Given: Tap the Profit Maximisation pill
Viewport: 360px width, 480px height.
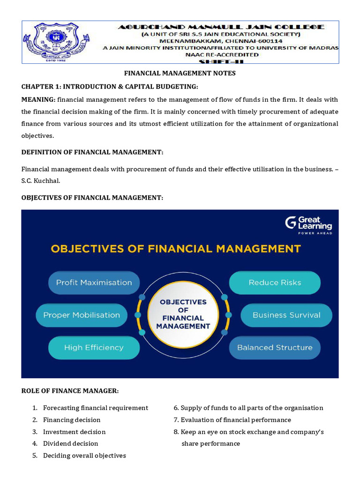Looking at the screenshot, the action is point(94,283).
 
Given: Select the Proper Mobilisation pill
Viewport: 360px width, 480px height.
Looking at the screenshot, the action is point(82,315).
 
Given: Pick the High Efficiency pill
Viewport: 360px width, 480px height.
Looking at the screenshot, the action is point(94,348).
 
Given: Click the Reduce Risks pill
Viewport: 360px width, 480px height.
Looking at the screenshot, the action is point(275,283).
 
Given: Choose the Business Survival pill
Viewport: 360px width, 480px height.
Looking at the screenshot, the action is point(286,315).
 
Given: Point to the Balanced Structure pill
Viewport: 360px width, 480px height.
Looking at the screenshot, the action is point(275,348).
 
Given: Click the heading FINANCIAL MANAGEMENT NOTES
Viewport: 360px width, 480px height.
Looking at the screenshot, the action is point(180,73).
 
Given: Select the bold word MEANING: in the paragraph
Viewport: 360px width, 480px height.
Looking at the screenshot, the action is point(38,100).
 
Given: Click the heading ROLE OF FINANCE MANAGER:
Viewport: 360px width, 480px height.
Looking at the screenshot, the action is point(70,391).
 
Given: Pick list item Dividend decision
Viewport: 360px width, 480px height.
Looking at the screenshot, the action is point(70,443).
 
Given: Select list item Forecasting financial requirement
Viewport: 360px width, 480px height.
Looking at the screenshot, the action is point(95,408).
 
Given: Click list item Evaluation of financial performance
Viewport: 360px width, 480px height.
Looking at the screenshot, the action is point(236,420).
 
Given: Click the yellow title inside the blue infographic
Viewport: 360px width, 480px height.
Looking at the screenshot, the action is point(176,248).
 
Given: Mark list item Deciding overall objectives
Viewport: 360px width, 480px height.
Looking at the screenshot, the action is point(84,456).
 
